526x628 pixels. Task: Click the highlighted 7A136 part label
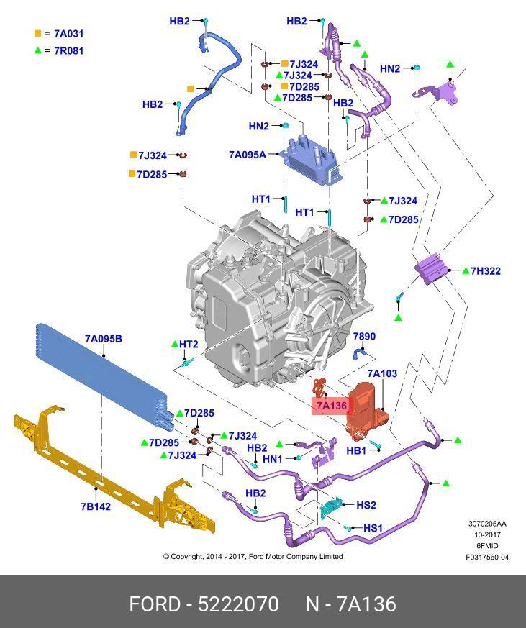pos(331,406)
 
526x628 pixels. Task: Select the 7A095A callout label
pos(247,154)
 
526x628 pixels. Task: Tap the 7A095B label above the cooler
pos(103,338)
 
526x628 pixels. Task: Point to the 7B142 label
pos(95,506)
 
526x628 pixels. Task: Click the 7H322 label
pos(486,271)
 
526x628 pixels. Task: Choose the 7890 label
pos(363,336)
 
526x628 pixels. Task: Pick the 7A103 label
pos(381,373)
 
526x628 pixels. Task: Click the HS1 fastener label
pos(373,528)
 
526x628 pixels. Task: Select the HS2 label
pos(366,506)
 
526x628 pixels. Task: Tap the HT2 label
pos(189,344)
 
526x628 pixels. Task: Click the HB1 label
pos(356,451)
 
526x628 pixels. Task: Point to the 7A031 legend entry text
pos(69,33)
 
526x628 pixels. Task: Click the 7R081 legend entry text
pos(69,51)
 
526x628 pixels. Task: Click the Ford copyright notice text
pos(253,556)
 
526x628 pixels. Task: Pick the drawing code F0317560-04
pos(486,557)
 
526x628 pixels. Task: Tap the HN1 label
pos(273,458)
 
